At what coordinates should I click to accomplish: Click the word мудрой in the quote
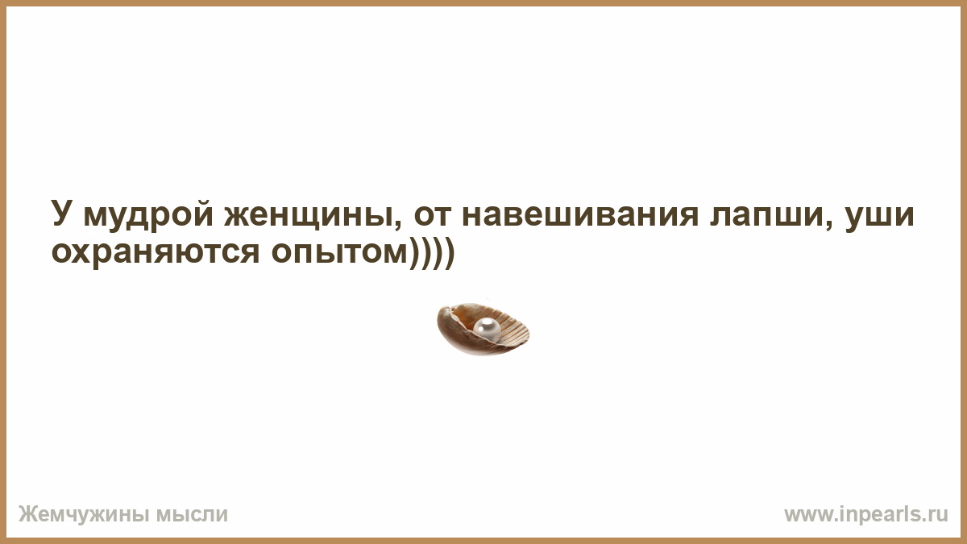pos(148,214)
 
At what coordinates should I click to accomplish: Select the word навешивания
pos(579,214)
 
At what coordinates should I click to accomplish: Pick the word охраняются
pos(156,252)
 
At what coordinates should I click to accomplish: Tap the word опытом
pos(340,252)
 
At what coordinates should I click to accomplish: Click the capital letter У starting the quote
pos(61,213)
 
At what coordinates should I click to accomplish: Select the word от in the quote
pos(433,214)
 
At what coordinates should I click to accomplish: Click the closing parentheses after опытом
pos(432,254)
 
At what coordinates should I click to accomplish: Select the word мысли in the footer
pos(191,515)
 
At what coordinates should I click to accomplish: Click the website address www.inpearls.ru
pos(866,515)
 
